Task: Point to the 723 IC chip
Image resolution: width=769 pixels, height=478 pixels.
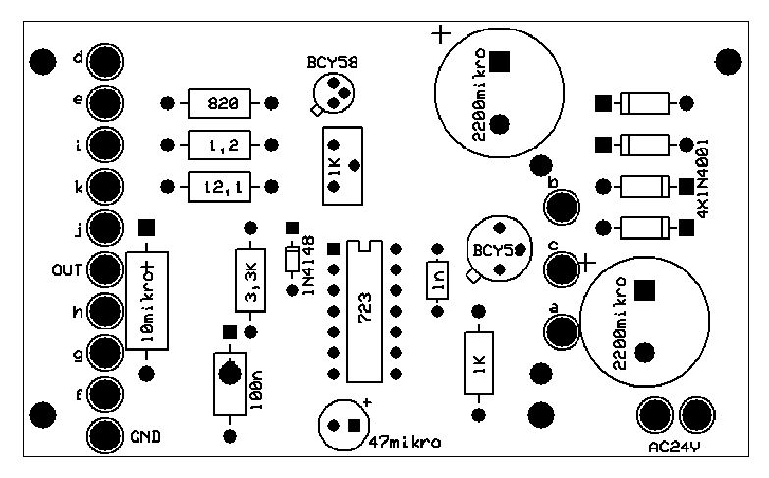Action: pyautogui.click(x=363, y=311)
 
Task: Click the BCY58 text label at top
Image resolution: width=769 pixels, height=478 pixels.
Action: pyautogui.click(x=332, y=62)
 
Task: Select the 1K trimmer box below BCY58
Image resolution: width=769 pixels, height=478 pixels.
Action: pyautogui.click(x=341, y=165)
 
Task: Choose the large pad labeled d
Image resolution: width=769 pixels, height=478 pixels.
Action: pyautogui.click(x=105, y=61)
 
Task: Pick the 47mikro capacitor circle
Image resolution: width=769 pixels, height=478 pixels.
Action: pyautogui.click(x=344, y=425)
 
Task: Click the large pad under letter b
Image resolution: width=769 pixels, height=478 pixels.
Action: pyautogui.click(x=563, y=208)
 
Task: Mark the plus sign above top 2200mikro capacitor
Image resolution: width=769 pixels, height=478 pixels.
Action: pyautogui.click(x=441, y=34)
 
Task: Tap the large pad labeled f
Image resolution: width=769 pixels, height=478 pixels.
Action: pyautogui.click(x=105, y=393)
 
